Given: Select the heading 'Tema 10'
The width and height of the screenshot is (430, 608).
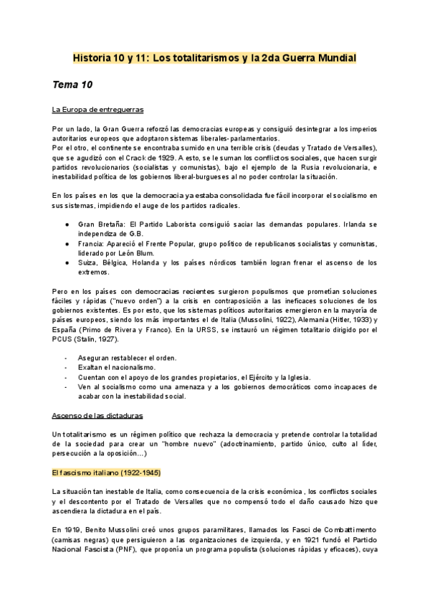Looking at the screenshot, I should pos(72,85).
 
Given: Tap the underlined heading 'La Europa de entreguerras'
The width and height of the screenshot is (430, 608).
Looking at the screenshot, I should pos(98,110).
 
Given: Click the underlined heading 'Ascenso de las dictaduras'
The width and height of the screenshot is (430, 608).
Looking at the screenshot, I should pos(97,415).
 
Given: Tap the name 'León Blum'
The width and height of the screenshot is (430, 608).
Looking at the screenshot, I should pos(140,254).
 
